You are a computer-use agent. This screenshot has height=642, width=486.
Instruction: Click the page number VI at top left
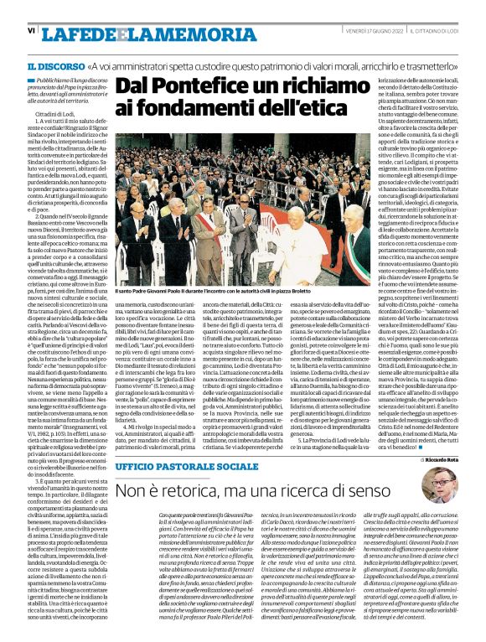tap(31, 30)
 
